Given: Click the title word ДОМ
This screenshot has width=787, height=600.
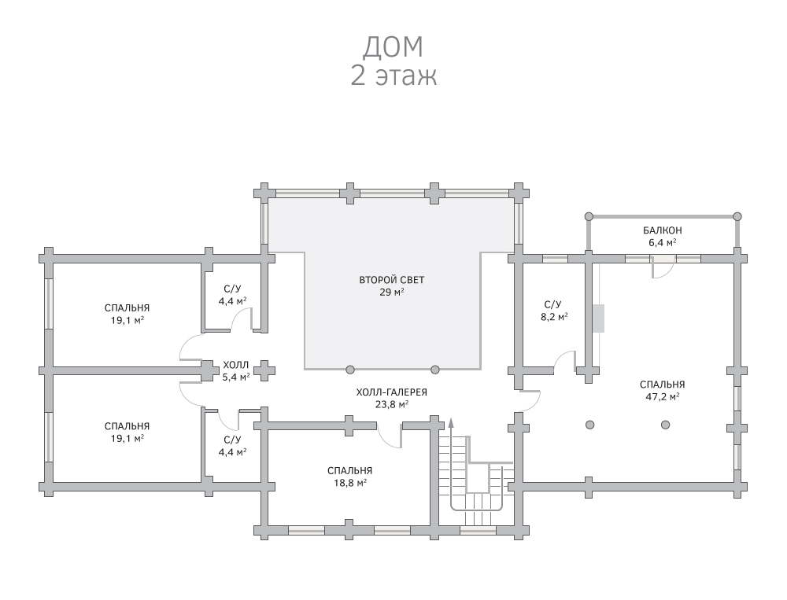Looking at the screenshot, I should pyautogui.click(x=393, y=46).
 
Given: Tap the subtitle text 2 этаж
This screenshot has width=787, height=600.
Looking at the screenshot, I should pyautogui.click(x=393, y=76).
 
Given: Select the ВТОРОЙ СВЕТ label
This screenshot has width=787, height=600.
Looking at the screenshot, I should pyautogui.click(x=391, y=280).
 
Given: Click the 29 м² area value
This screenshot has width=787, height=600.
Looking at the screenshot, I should pyautogui.click(x=391, y=293).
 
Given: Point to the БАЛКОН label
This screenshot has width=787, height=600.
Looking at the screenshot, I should pyautogui.click(x=662, y=230).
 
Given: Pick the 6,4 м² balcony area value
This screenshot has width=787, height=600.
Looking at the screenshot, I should pyautogui.click(x=662, y=243).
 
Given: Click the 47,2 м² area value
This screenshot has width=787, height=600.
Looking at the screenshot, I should pyautogui.click(x=662, y=397).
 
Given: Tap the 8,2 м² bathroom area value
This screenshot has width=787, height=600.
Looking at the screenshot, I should pyautogui.click(x=552, y=316).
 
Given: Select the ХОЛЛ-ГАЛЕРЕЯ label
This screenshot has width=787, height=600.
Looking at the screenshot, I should pyautogui.click(x=391, y=392).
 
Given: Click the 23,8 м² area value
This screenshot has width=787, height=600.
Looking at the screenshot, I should pyautogui.click(x=391, y=405).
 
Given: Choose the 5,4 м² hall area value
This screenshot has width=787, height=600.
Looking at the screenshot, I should pyautogui.click(x=235, y=377).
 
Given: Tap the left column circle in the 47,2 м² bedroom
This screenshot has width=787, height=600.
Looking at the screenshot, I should pyautogui.click(x=590, y=425).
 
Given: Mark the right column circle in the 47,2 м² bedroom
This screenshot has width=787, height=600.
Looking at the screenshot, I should pyautogui.click(x=666, y=425).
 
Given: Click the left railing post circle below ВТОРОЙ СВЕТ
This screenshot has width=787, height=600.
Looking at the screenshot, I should pyautogui.click(x=350, y=369).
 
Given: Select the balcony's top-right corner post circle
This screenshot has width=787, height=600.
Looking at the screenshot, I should pyautogui.click(x=737, y=215).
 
